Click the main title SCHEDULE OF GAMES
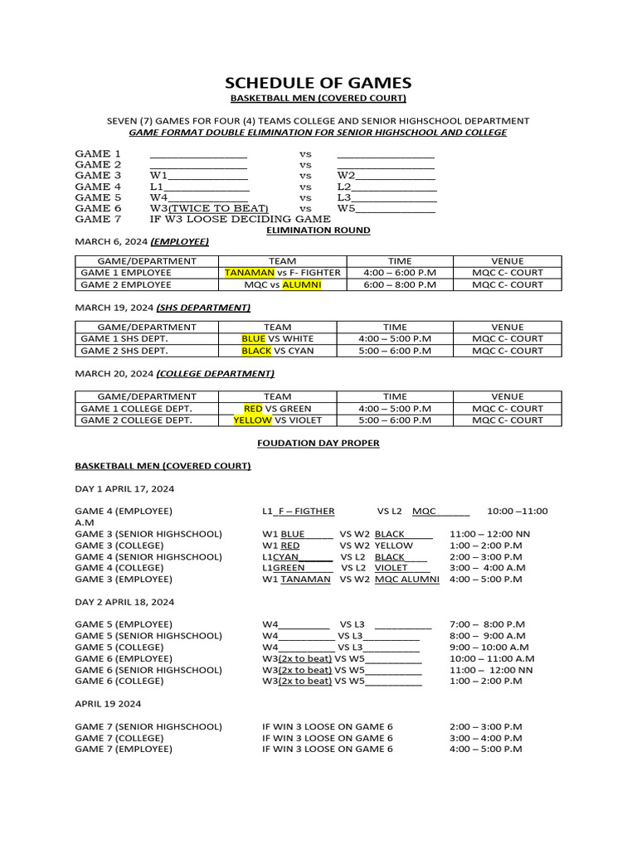pyautogui.click(x=318, y=83)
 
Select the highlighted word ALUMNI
pyautogui.click(x=301, y=284)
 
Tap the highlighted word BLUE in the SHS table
pyautogui.click(x=253, y=338)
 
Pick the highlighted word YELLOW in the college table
pyautogui.click(x=252, y=420)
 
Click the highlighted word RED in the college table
pyautogui.click(x=253, y=409)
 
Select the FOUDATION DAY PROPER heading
pyautogui.click(x=318, y=444)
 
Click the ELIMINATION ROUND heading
pyautogui.click(x=318, y=230)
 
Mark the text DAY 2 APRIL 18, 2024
pyautogui.click(x=124, y=602)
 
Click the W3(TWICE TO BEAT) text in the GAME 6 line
pyautogui.click(x=209, y=209)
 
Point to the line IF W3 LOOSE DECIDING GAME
pyautogui.click(x=240, y=220)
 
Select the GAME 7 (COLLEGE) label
pyautogui.click(x=119, y=738)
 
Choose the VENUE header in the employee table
pyautogui.click(x=508, y=260)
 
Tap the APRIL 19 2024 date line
pyautogui.click(x=108, y=704)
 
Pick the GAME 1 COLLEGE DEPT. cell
pyautogui.click(x=133, y=409)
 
